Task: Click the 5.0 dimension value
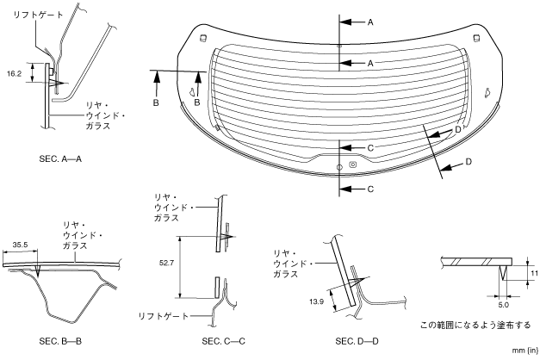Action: (502, 303)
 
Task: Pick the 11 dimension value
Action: (534, 274)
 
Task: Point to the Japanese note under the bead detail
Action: (475, 325)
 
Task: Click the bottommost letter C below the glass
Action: (369, 188)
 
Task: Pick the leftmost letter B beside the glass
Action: (157, 102)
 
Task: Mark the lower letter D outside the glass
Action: (468, 162)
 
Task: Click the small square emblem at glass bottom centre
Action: (353, 164)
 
